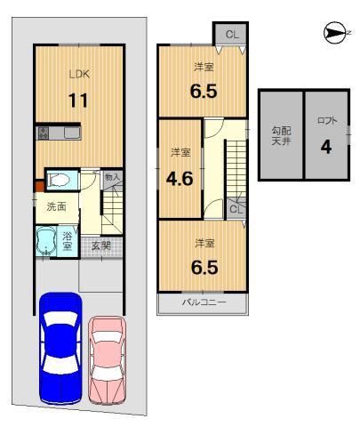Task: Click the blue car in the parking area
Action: tap(60, 348)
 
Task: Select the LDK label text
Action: tap(81, 76)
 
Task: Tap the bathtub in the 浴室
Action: tap(45, 241)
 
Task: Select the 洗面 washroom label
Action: tap(55, 206)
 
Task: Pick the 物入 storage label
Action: tap(111, 178)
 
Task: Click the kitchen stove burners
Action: tap(43, 134)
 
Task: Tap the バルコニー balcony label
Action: tap(204, 302)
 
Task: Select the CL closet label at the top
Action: tap(231, 34)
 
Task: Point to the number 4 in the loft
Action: tap(325, 147)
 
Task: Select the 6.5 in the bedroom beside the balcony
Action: tap(203, 264)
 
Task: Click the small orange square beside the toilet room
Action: tap(38, 187)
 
